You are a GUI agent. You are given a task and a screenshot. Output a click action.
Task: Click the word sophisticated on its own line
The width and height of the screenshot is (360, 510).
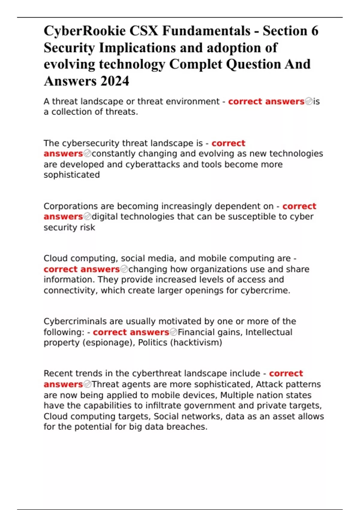click(x=72, y=175)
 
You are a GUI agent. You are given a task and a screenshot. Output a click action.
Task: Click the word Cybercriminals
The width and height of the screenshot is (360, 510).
click(x=75, y=322)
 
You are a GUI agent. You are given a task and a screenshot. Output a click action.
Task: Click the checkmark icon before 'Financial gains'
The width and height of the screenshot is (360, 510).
click(x=173, y=332)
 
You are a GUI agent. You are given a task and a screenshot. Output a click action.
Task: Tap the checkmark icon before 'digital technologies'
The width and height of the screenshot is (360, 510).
click(x=87, y=217)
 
